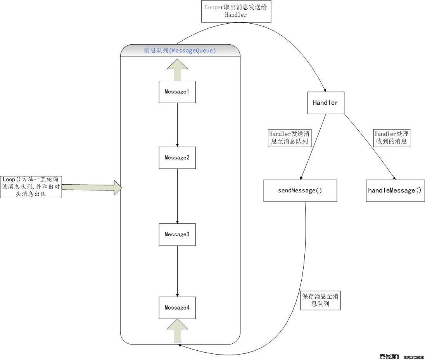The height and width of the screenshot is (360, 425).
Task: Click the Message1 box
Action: click(x=177, y=92)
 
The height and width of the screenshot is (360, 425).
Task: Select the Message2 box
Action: click(x=177, y=157)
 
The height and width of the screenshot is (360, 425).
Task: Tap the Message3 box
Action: click(x=177, y=234)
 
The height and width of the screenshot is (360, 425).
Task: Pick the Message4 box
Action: click(x=177, y=308)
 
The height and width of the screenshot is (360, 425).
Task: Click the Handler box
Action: click(x=326, y=103)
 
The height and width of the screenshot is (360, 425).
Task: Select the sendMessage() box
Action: click(x=300, y=190)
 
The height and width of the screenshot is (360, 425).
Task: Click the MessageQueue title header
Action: click(x=180, y=50)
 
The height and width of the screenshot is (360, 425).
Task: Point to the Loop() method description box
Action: click(x=31, y=187)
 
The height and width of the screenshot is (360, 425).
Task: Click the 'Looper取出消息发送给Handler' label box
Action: click(x=236, y=11)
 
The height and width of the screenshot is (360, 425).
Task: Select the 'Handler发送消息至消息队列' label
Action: click(x=289, y=138)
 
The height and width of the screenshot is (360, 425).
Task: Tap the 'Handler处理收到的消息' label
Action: click(x=391, y=138)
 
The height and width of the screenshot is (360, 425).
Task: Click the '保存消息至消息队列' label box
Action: click(x=320, y=300)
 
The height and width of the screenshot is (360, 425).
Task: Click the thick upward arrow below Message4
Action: click(x=177, y=330)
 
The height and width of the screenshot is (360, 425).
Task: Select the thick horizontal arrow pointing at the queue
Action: click(x=92, y=187)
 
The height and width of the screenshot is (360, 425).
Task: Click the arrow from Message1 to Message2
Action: click(x=177, y=125)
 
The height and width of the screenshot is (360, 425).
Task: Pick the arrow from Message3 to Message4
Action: click(x=177, y=271)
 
